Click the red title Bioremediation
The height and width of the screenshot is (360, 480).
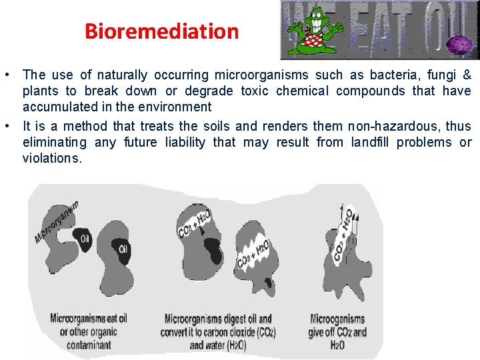click(x=161, y=31)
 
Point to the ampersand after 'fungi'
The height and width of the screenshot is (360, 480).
click(x=467, y=75)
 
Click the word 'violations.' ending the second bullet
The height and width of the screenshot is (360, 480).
click(x=53, y=159)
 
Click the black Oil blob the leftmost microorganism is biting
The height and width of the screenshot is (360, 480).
click(x=85, y=238)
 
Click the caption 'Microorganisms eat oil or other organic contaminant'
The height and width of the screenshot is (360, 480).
click(x=89, y=331)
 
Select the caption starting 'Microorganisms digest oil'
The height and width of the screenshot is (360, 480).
click(x=217, y=331)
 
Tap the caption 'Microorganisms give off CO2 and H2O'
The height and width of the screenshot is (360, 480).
click(x=337, y=331)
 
